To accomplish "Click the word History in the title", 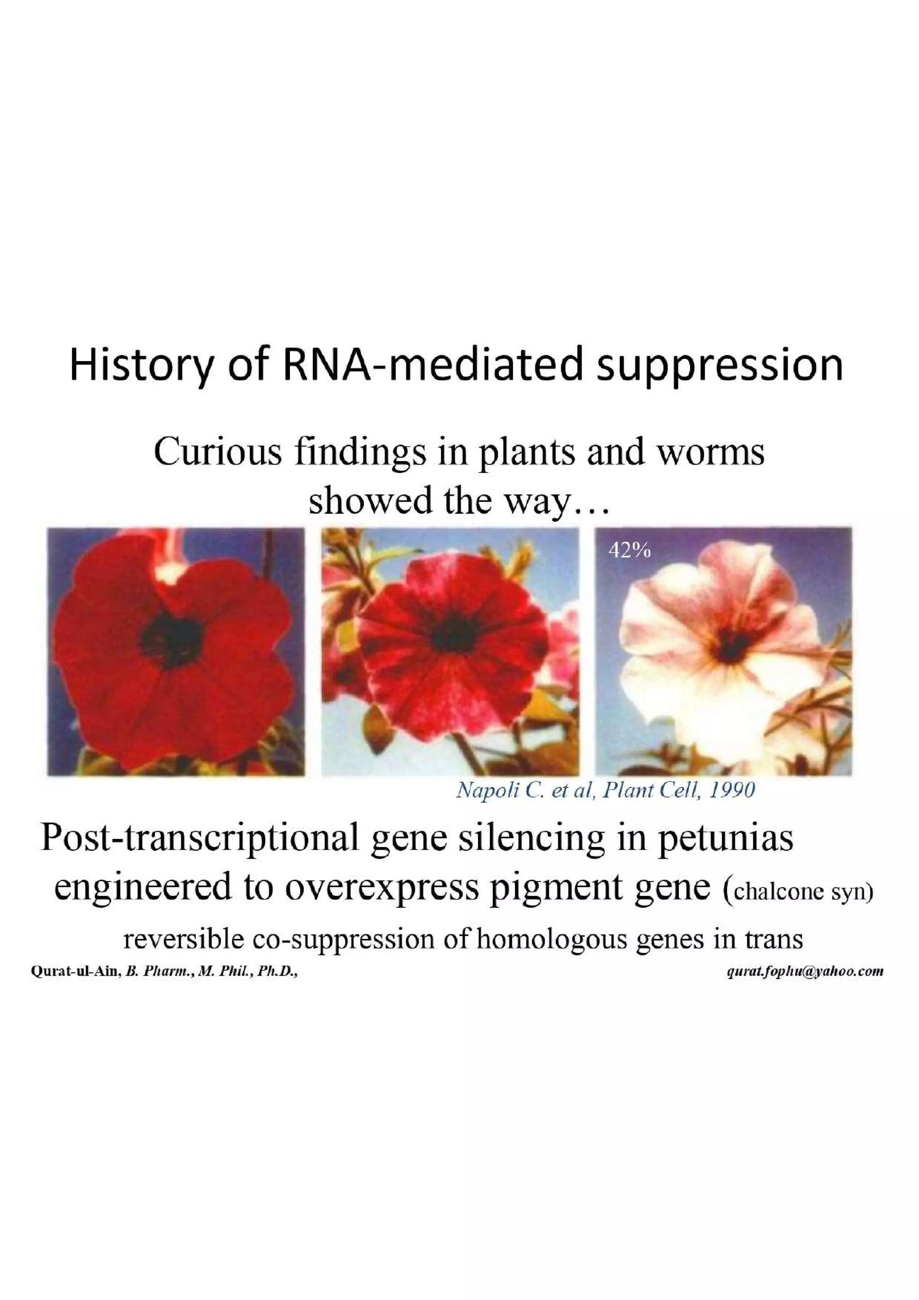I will click(139, 366).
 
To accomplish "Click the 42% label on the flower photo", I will click(629, 550).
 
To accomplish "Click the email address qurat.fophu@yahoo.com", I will click(805, 972).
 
